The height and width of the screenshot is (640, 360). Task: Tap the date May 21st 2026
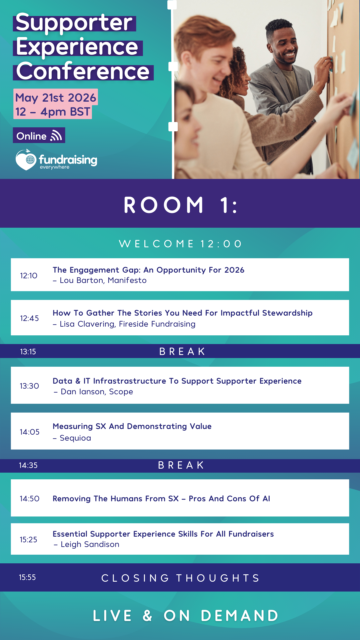[56, 97]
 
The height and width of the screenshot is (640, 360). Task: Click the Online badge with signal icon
[39, 135]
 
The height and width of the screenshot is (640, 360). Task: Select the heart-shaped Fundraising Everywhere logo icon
[26, 160]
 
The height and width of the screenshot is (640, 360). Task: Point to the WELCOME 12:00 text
[180, 244]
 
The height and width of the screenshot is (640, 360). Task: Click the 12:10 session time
[29, 276]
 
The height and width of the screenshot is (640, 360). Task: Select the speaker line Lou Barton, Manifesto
[100, 280]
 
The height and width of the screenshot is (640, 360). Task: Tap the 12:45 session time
[29, 318]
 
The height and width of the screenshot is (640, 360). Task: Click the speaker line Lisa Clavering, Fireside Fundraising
[124, 324]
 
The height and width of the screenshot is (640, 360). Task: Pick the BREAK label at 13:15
[182, 351]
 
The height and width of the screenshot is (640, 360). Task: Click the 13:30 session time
[29, 386]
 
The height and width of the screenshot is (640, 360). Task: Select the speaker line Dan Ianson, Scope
[93, 392]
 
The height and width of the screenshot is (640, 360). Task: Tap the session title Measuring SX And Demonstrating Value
[132, 426]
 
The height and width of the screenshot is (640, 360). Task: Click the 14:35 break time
[28, 465]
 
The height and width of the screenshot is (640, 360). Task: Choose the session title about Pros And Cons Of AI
[161, 499]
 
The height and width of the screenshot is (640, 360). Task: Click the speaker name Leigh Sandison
[90, 544]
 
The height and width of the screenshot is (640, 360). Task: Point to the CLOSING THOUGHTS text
[180, 578]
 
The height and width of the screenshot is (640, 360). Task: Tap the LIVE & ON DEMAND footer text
[186, 615]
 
